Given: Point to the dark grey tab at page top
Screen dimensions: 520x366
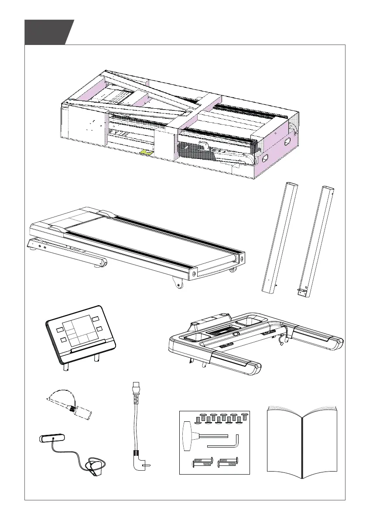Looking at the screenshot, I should point(48,32).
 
